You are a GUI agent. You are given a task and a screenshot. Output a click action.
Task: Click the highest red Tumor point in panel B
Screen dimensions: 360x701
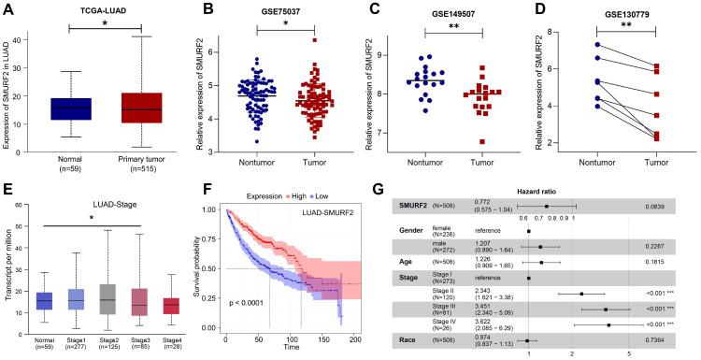pyautogui.click(x=315, y=41)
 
